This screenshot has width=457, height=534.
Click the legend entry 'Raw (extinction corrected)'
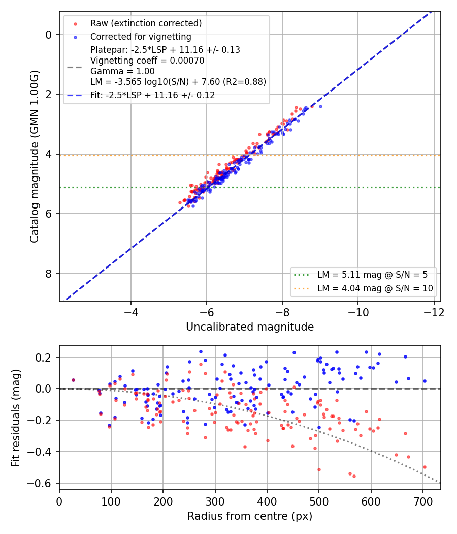pos(146,23)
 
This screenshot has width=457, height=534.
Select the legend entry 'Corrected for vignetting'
pos(141,37)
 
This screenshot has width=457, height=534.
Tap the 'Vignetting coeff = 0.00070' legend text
pos(147,61)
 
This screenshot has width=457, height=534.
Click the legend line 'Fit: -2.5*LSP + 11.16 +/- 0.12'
pos(153,95)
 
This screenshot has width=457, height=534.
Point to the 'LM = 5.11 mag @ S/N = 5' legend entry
pos(372,275)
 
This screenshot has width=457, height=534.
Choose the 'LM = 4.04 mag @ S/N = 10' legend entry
pos(375,288)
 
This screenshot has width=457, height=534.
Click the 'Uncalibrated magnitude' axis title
pos(250,327)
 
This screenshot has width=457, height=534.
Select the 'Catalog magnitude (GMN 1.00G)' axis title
pos(35,156)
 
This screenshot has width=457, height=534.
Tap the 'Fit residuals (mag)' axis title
pos(16,418)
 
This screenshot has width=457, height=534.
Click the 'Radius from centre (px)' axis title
pos(250,516)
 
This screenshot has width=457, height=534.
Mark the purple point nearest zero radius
pos(73,380)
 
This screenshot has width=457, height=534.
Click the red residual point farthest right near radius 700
pos(425,467)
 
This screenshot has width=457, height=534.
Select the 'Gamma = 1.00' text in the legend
pos(122,72)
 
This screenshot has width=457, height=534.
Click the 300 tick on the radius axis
pos(215,501)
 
